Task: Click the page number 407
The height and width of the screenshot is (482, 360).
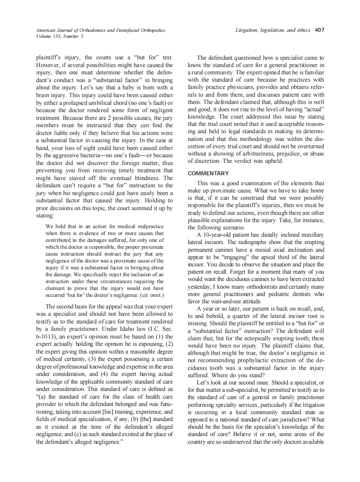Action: coord(319,30)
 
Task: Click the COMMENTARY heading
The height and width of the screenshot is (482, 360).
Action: coord(208,173)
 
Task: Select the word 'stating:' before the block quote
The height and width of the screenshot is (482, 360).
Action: coord(45,215)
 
